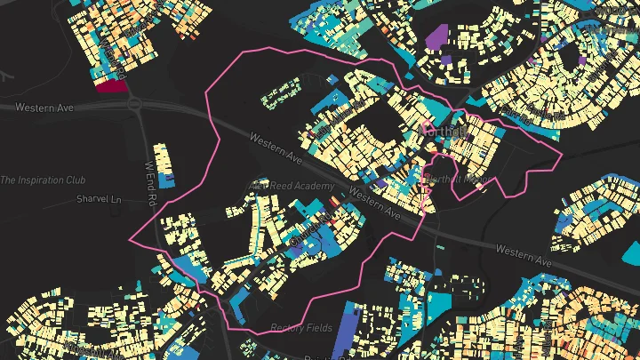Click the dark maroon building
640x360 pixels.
[x=109, y=84]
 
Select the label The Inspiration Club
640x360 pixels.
[x=43, y=180]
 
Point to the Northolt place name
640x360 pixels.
[x=441, y=132]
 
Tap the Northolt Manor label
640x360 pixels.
[x=460, y=178]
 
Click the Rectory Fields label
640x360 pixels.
[x=301, y=328]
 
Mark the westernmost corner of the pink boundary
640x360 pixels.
[x=131, y=241]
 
